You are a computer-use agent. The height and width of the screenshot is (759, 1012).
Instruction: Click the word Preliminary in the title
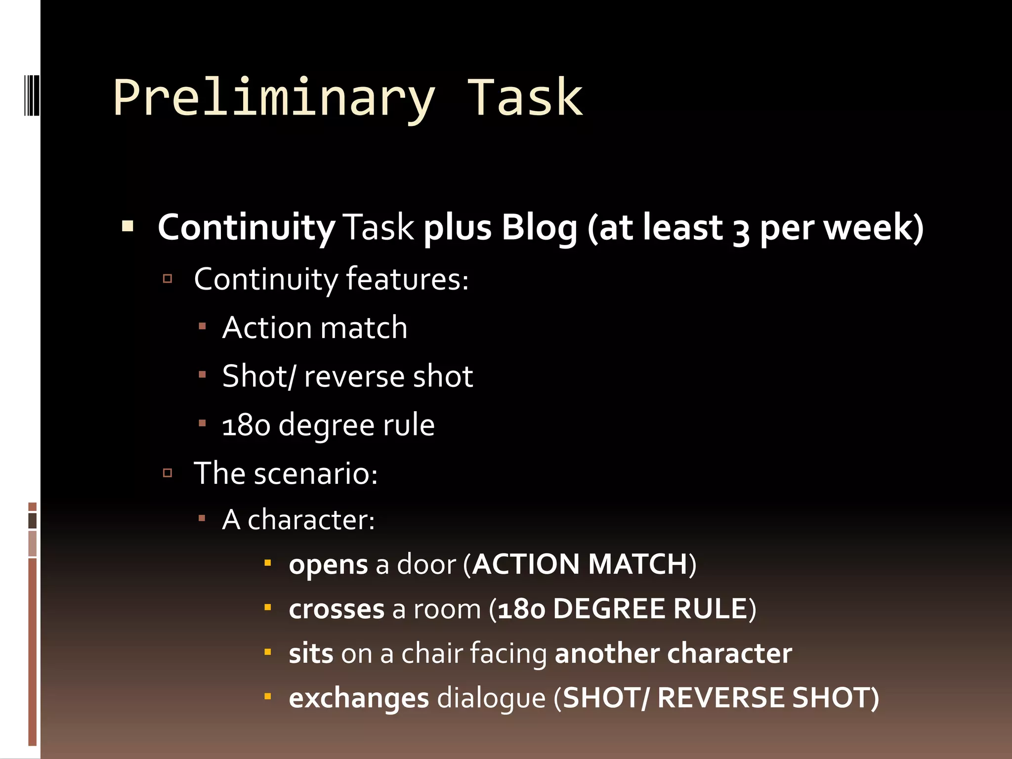274,99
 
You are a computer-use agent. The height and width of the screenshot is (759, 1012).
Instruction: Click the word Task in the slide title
525,98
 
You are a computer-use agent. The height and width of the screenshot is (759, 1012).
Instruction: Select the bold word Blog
539,228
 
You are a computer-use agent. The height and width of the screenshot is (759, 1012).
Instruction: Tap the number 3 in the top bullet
740,230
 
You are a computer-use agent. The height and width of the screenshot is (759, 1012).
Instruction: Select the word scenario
315,474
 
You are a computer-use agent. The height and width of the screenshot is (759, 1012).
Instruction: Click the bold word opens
328,565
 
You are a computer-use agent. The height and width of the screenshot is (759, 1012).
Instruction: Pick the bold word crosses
336,609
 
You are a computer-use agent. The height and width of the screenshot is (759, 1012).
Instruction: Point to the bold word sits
311,654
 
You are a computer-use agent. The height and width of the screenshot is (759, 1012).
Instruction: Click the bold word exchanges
359,698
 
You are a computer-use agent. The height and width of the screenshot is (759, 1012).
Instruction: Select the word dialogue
491,698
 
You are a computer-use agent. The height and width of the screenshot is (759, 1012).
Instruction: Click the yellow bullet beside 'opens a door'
268,563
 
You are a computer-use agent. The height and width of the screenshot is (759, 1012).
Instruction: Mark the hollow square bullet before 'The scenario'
168,473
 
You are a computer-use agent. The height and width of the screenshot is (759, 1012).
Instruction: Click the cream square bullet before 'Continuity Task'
127,227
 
